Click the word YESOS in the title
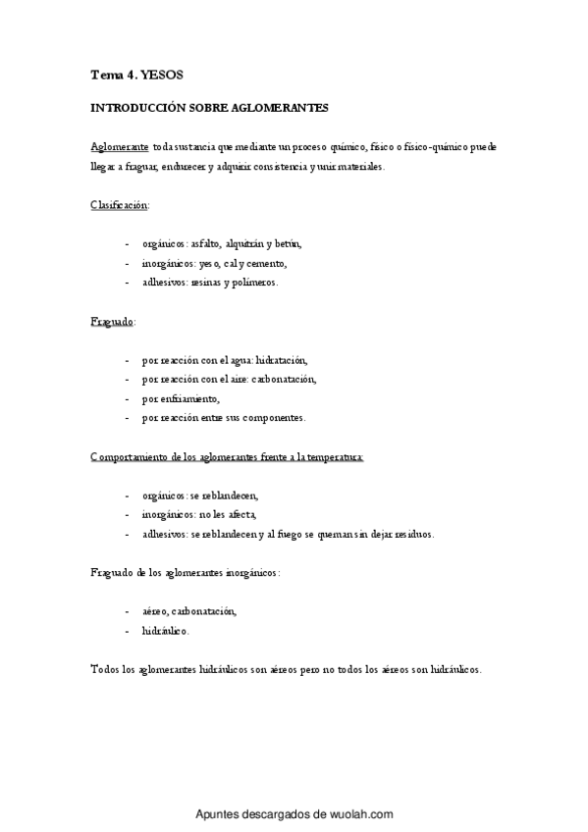point(162,74)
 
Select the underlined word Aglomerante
point(119,146)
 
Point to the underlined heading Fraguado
point(113,321)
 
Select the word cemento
point(265,263)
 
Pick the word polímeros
point(253,283)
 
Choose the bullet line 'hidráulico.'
point(165,631)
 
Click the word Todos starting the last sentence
point(103,669)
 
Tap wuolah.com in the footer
point(362,814)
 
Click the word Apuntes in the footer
point(216,814)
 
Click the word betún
point(289,243)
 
